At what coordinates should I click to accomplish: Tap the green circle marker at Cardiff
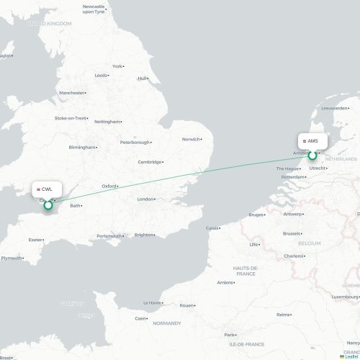click(48, 205)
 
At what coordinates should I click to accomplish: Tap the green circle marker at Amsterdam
click(312, 154)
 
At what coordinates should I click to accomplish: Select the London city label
click(145, 199)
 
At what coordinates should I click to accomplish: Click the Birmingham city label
click(81, 147)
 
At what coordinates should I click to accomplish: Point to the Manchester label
click(72, 93)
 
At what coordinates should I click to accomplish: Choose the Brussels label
click(292, 233)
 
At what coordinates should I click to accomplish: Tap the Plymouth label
click(11, 258)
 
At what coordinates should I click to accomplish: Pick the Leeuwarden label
click(335, 109)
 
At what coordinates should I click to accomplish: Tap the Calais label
click(212, 228)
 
